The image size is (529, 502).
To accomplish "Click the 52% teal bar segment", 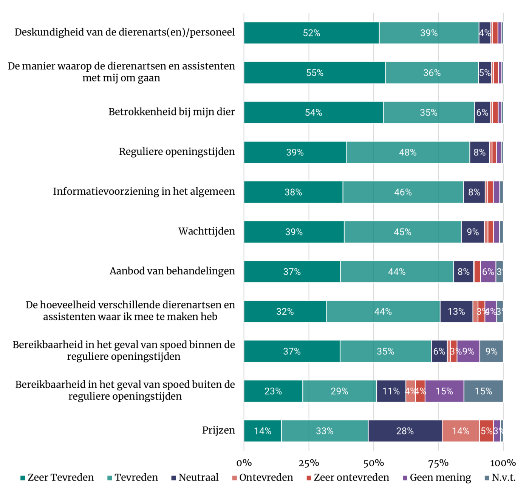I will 311,33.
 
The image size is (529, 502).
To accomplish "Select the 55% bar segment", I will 314,73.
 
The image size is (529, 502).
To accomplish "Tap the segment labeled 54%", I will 313,112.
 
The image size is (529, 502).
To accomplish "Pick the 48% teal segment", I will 408,152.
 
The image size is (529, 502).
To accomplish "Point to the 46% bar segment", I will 403,192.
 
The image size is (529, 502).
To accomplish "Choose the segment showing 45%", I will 402,232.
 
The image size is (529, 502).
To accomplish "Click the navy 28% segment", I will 405,431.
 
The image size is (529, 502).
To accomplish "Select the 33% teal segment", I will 325,431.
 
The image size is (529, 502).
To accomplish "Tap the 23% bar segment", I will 273,391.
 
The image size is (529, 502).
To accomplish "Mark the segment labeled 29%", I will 339,391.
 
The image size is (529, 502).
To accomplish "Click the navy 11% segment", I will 391,391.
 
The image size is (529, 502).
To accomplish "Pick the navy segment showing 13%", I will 456,312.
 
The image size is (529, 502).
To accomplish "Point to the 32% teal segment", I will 285,312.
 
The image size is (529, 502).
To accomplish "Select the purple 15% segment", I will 444,391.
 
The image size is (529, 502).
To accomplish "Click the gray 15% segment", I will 483,391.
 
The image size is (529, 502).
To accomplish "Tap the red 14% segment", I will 460,431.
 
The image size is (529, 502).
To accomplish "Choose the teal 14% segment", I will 262,431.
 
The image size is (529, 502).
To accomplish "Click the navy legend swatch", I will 174,478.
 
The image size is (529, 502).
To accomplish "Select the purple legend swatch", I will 405,478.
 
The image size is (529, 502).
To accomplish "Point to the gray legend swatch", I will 487,478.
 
